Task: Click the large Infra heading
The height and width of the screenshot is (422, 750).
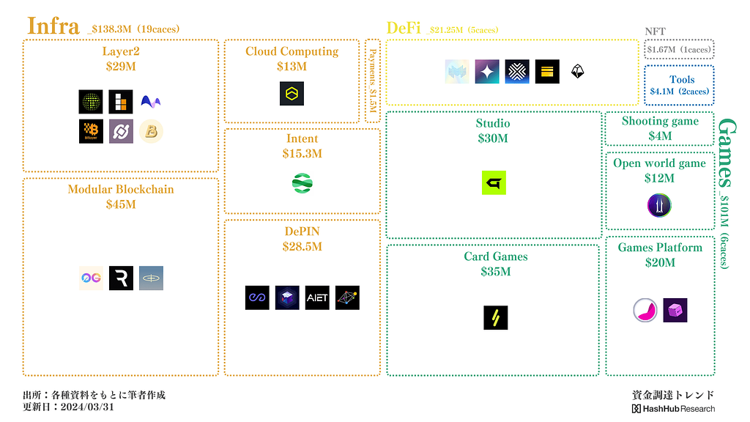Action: [53, 26]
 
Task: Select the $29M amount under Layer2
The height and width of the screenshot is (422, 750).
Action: [121, 66]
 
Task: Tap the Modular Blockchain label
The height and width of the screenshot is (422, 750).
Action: [121, 189]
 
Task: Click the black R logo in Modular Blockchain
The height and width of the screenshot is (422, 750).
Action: [121, 278]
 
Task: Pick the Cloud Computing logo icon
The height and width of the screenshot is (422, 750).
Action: [292, 94]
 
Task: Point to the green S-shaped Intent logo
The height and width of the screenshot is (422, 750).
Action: [302, 183]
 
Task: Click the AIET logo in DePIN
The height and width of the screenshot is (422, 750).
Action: [317, 297]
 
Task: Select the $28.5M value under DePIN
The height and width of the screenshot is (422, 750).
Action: [302, 246]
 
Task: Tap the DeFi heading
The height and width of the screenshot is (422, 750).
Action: [404, 28]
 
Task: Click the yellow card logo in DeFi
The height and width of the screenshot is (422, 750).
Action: [547, 71]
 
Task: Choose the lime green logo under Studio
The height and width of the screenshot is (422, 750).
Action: [494, 182]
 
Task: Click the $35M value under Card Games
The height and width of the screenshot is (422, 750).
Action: [496, 271]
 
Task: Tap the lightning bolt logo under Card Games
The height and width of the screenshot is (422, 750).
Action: [496, 317]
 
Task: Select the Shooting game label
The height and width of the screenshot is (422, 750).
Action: [660, 121]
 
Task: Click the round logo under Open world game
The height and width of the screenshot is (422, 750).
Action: [659, 205]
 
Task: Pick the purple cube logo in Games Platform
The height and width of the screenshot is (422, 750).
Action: [675, 310]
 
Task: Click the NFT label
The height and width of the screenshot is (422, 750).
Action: [656, 31]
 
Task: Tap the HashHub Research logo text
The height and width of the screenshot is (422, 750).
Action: [673, 408]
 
